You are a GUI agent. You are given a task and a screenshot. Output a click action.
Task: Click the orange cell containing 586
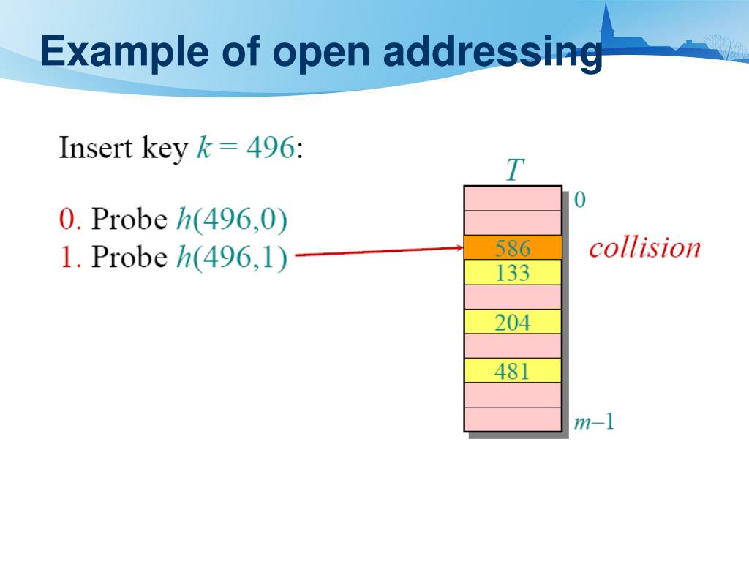(512, 247)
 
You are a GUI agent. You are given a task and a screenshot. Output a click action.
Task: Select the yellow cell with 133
(512, 273)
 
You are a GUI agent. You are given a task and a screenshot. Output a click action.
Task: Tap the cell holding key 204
(512, 322)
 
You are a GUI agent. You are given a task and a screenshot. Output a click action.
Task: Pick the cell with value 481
(512, 371)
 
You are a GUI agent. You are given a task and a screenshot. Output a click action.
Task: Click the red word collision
(644, 247)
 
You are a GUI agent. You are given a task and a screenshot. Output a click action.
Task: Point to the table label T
(515, 170)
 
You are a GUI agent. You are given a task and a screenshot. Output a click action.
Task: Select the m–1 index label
(593, 422)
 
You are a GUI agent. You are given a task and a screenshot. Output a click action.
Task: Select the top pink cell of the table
(512, 198)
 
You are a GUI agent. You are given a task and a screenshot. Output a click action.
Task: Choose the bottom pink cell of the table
(512, 419)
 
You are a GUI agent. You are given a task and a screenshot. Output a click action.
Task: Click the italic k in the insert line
(203, 148)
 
